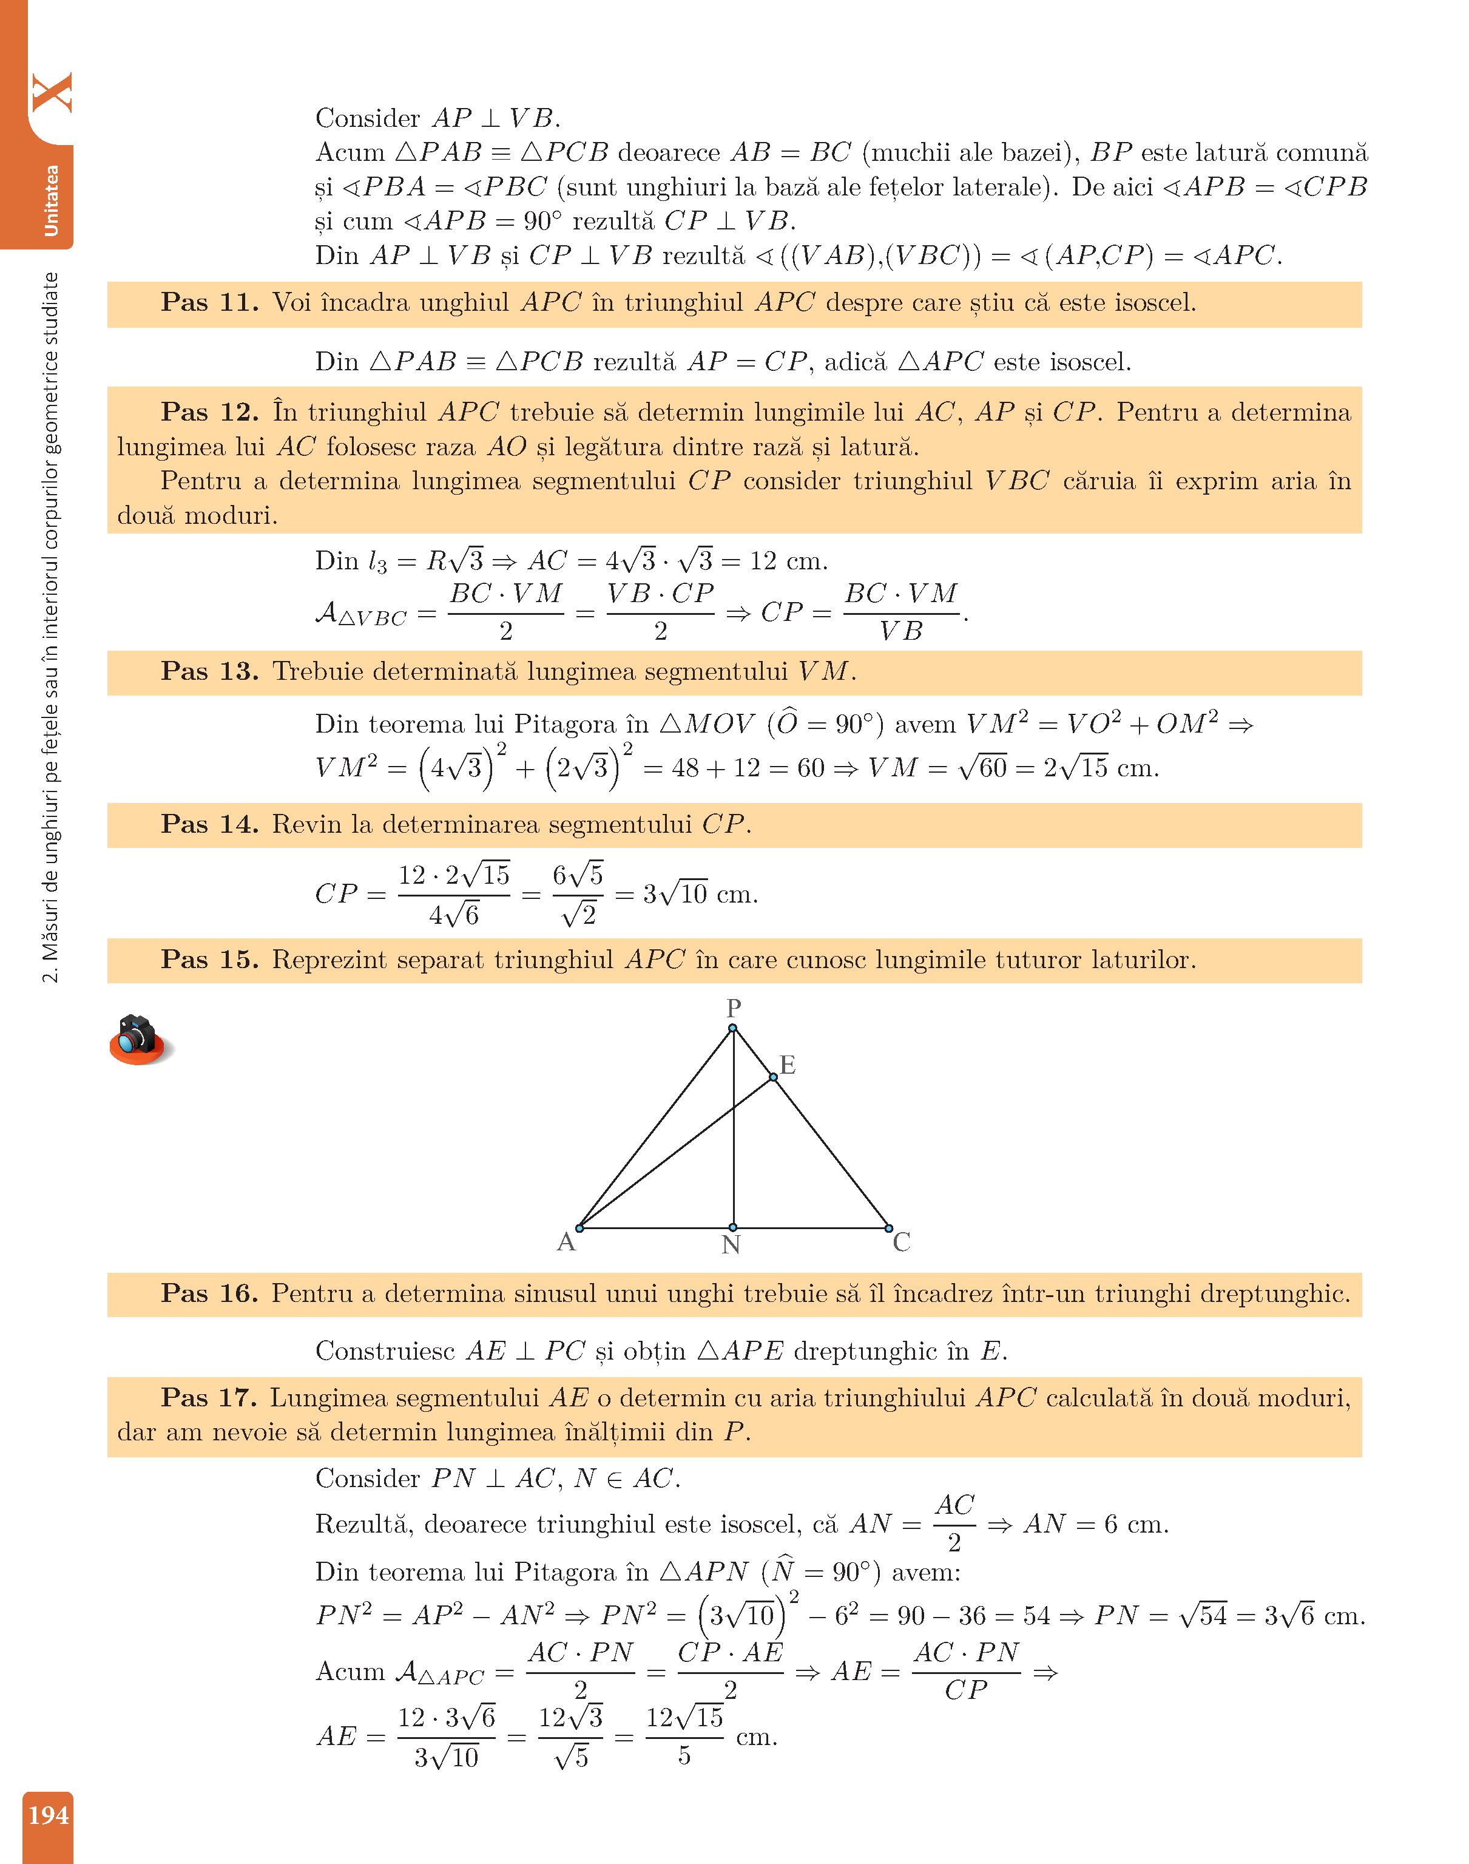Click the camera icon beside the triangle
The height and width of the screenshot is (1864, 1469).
point(140,1039)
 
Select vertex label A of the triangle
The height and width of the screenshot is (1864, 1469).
point(566,1242)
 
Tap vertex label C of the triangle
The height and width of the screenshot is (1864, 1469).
point(901,1242)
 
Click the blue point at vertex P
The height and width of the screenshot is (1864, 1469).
point(733,1028)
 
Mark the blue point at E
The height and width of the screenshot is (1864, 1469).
point(773,1077)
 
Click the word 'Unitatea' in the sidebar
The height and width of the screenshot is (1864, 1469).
point(51,200)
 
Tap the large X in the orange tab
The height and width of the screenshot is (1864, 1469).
point(52,93)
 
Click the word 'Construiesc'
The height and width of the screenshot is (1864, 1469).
point(385,1351)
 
